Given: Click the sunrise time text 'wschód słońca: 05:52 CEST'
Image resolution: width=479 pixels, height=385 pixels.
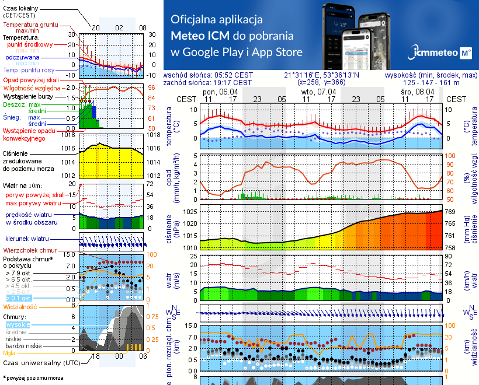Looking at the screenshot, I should [x=209, y=75].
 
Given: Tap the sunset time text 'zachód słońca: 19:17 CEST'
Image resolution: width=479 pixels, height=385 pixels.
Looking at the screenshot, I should [x=209, y=83].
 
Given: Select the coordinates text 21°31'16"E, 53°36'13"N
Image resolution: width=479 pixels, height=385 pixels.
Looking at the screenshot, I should [x=321, y=75].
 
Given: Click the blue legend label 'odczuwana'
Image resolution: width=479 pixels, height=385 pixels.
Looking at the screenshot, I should [x=22, y=58].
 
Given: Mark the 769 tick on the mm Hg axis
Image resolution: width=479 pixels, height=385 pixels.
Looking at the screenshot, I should [x=452, y=212].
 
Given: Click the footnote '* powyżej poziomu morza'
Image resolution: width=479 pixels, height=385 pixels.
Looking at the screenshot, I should [x=33, y=378].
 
